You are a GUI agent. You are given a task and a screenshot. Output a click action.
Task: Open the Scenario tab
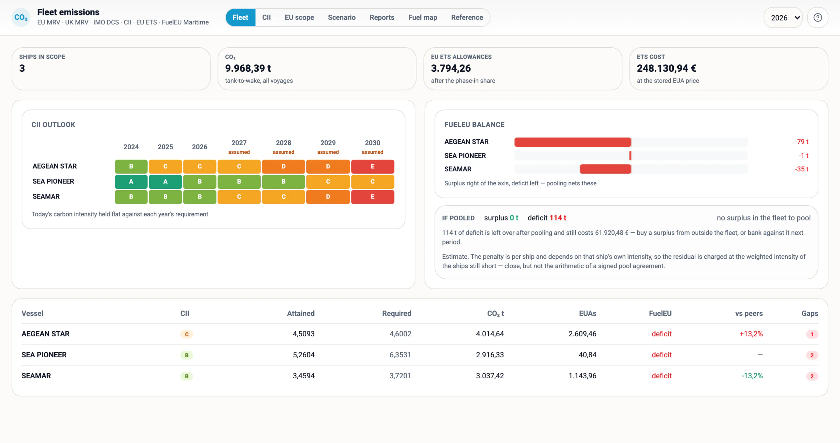coord(342,17)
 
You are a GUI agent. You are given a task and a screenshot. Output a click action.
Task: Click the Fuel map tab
coord(422,17)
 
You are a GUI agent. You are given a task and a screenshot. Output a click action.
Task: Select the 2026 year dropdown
coord(783,18)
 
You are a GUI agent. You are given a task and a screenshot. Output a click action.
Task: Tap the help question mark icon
coord(818,17)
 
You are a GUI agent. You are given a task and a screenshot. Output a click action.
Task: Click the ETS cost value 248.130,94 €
coord(666,68)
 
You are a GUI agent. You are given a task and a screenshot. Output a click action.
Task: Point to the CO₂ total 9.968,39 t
coord(248,68)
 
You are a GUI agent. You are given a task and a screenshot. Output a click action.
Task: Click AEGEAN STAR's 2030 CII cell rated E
coord(372,166)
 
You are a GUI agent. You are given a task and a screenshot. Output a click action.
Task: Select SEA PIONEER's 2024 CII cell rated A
coord(131,181)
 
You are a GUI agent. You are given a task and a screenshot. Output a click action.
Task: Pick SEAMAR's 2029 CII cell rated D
coord(328,197)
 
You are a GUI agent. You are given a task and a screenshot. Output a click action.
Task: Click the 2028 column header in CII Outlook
coord(283,143)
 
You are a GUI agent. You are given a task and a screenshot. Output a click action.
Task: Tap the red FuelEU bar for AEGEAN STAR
coord(573,142)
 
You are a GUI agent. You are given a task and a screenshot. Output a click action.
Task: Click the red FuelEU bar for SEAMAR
coord(605,169)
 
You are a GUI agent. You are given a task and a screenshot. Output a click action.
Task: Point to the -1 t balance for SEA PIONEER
coord(804,156)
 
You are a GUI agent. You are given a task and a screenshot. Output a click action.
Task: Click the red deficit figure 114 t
coord(558,218)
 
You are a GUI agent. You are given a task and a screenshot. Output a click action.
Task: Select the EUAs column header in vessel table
coord(587,313)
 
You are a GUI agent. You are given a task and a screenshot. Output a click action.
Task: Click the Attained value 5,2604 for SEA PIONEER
coord(303,355)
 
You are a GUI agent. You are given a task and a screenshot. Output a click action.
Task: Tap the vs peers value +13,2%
coord(751,334)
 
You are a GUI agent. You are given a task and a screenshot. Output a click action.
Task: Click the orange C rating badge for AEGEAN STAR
coord(187,334)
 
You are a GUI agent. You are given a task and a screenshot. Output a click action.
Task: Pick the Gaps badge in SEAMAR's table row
coord(812,376)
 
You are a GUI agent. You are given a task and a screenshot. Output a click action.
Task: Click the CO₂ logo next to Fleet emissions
coord(21,17)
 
